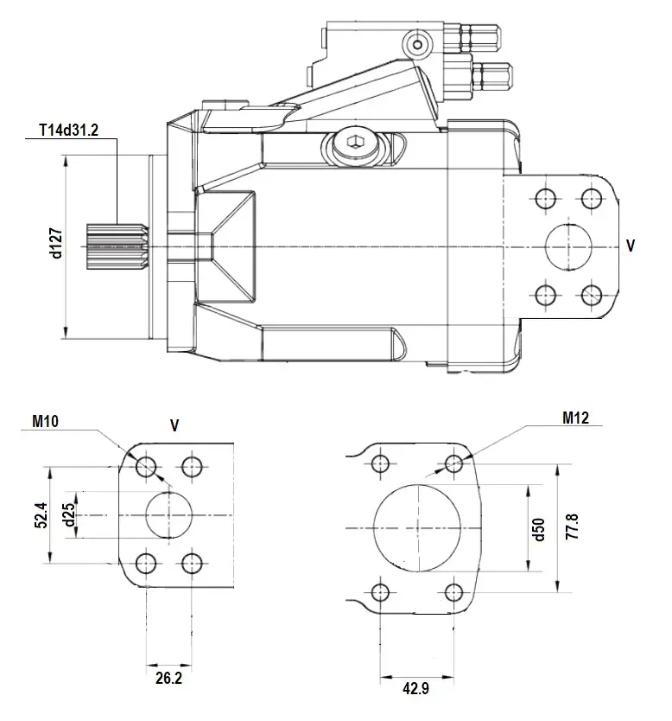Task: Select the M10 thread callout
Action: (x=45, y=421)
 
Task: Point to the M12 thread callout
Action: (x=575, y=418)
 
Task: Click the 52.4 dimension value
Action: (x=40, y=516)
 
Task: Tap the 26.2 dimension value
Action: (x=168, y=678)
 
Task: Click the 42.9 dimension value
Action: (x=417, y=689)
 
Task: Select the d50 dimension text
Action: (x=539, y=527)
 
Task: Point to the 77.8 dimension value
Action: (x=569, y=527)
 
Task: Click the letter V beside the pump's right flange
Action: (x=631, y=246)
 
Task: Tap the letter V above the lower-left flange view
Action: (x=174, y=425)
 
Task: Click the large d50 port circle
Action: (x=417, y=527)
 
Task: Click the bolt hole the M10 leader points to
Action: (x=146, y=468)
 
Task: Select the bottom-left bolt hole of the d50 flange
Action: (x=379, y=592)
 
